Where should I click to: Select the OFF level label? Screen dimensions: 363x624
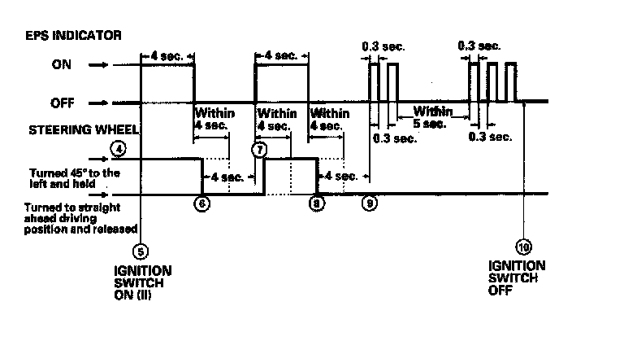pos(63,103)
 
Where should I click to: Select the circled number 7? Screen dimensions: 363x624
pos(260,150)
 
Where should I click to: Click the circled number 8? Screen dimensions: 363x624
pos(316,204)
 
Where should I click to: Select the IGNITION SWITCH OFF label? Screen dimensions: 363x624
pos(517,277)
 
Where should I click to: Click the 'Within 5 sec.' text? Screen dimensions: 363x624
pos(429,117)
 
